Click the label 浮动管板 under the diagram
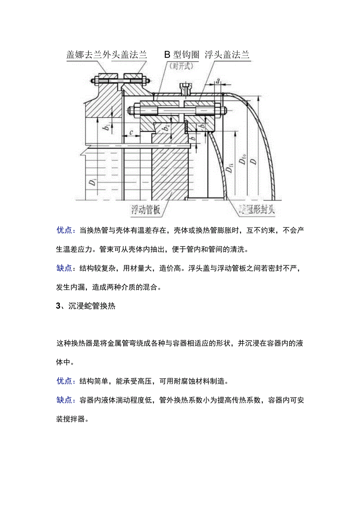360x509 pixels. click(x=146, y=210)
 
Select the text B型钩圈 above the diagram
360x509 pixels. click(x=182, y=55)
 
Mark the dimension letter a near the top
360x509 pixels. click(x=218, y=82)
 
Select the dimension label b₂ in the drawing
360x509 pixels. click(x=167, y=128)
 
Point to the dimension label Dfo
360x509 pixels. click(x=244, y=160)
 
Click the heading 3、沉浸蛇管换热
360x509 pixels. click(x=86, y=306)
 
